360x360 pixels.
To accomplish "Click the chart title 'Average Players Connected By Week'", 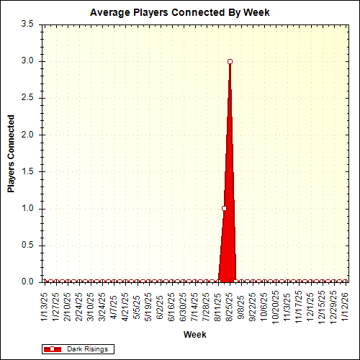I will [180, 13].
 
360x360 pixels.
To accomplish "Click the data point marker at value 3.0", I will [230, 62].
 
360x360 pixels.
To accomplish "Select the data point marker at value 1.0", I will [224, 208].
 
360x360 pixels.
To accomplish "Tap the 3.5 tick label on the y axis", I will [28, 24].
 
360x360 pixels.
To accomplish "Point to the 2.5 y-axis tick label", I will [28, 98].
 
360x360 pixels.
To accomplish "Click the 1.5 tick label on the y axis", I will [28, 171].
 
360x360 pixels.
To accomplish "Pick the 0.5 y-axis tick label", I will [28, 245].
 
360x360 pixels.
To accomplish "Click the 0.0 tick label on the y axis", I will [28, 282].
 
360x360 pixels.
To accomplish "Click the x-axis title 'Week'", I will [194, 335].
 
